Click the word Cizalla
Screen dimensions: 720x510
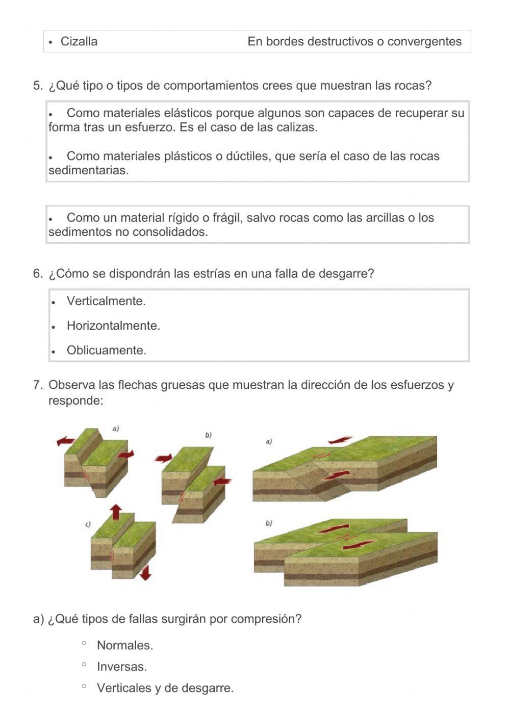[x=79, y=42]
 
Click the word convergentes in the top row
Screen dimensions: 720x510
[x=424, y=42]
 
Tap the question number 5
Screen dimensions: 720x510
[x=38, y=86]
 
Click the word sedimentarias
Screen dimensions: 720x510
[x=88, y=171]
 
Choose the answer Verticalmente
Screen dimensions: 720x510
[x=106, y=301]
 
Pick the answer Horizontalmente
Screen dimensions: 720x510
[x=113, y=326]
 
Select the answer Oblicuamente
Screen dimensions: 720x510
[x=106, y=351]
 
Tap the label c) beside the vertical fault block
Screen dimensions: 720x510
[x=88, y=524]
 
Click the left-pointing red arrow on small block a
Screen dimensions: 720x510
[x=65, y=441]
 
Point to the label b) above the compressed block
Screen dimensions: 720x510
[x=208, y=435]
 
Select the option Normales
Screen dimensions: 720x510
[x=124, y=646]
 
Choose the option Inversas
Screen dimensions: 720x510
[x=121, y=667]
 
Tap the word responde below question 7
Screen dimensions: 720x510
[x=75, y=401]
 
